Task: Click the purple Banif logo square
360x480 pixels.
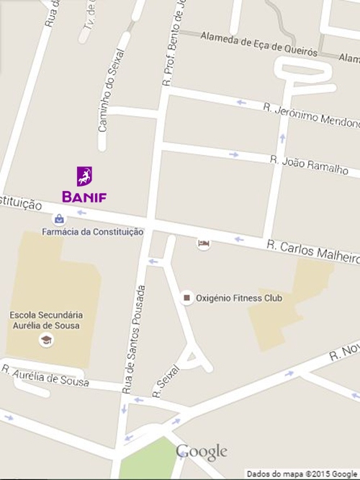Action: [84, 176]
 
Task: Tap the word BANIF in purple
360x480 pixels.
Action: [84, 196]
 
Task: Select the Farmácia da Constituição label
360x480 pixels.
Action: [92, 232]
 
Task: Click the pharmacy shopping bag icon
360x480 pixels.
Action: [58, 218]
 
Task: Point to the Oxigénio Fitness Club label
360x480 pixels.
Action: [240, 298]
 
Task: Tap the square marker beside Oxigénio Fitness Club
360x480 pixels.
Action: [187, 298]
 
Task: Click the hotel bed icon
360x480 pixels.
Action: [204, 244]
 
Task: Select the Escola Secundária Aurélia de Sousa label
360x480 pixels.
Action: [46, 320]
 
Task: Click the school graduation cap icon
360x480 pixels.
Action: [46, 340]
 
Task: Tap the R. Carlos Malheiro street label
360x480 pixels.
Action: [311, 252]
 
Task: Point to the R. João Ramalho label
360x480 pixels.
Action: [309, 164]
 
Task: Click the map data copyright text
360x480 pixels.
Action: [302, 474]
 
